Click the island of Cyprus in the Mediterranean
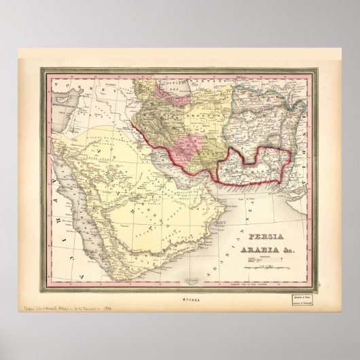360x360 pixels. click(58, 113)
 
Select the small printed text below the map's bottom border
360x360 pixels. click(179, 295)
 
